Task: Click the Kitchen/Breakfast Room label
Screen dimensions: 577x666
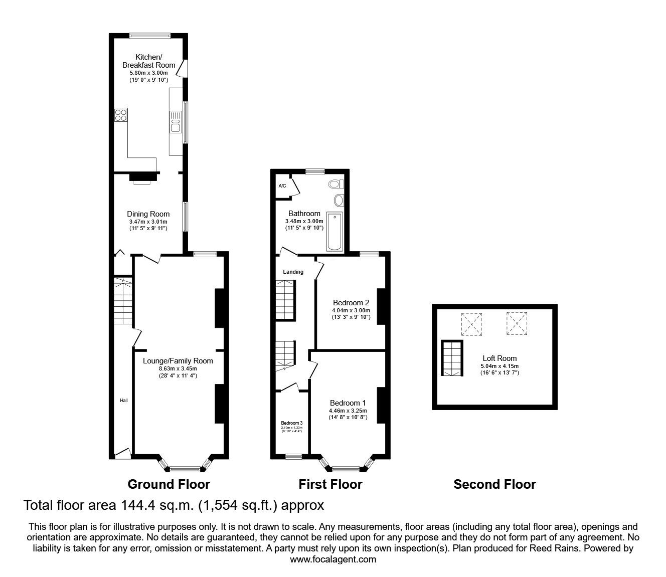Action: [x=149, y=61]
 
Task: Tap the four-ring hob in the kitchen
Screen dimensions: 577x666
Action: [x=121, y=115]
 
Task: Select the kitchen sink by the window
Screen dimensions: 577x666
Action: [x=175, y=122]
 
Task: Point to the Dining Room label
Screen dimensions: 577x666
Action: [x=148, y=214]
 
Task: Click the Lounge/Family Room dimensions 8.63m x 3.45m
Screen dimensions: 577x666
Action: [x=178, y=369]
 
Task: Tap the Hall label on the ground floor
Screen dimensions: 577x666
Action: [x=123, y=400]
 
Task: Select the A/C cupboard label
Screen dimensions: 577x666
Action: [x=282, y=186]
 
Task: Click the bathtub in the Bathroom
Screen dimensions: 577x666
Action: [x=335, y=232]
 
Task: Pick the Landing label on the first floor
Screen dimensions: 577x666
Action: [x=293, y=272]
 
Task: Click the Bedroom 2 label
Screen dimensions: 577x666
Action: [x=351, y=303]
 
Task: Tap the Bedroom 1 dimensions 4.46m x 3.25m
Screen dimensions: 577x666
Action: [x=348, y=411]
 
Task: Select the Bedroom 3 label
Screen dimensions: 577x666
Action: [x=291, y=423]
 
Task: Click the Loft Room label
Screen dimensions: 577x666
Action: [x=499, y=358]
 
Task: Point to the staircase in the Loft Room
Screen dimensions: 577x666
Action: [x=451, y=358]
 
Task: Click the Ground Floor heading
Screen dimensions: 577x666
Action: [x=169, y=484]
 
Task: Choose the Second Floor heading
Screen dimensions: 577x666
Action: [x=494, y=484]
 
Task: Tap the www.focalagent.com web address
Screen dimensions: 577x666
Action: [x=333, y=559]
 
